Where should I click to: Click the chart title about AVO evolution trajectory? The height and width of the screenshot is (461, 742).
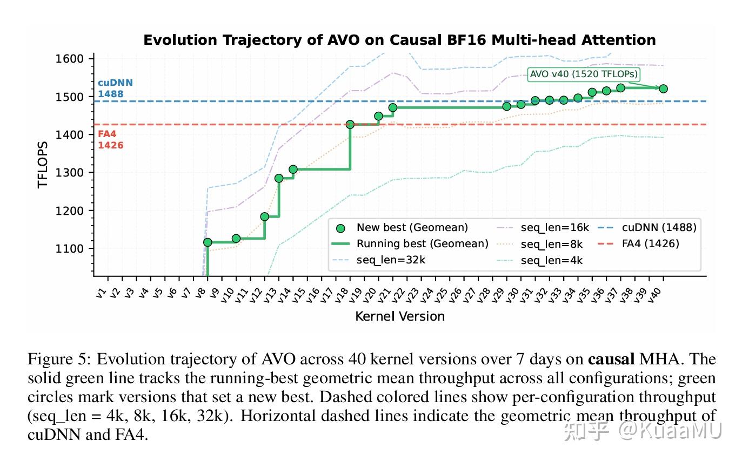[x=399, y=40]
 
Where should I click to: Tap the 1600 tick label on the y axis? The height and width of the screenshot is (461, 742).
[x=69, y=59]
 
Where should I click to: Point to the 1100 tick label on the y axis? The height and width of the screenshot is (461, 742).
[x=69, y=248]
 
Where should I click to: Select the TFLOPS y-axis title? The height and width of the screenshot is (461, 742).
[x=43, y=165]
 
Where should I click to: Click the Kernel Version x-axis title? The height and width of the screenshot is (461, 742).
[x=400, y=316]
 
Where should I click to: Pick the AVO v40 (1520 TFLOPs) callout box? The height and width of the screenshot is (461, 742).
[x=584, y=74]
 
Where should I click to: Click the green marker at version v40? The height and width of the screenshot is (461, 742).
[x=663, y=89]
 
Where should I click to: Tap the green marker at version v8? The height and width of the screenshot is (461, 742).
[x=208, y=242]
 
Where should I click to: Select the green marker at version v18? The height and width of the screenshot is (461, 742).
[x=350, y=125]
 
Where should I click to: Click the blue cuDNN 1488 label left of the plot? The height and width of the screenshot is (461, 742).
[x=115, y=89]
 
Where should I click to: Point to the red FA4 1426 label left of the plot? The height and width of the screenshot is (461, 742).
[x=110, y=140]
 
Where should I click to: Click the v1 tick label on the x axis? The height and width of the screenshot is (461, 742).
[x=101, y=293]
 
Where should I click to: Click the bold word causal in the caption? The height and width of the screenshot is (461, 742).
[x=611, y=359]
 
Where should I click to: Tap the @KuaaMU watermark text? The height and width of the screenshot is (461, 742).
[x=670, y=431]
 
